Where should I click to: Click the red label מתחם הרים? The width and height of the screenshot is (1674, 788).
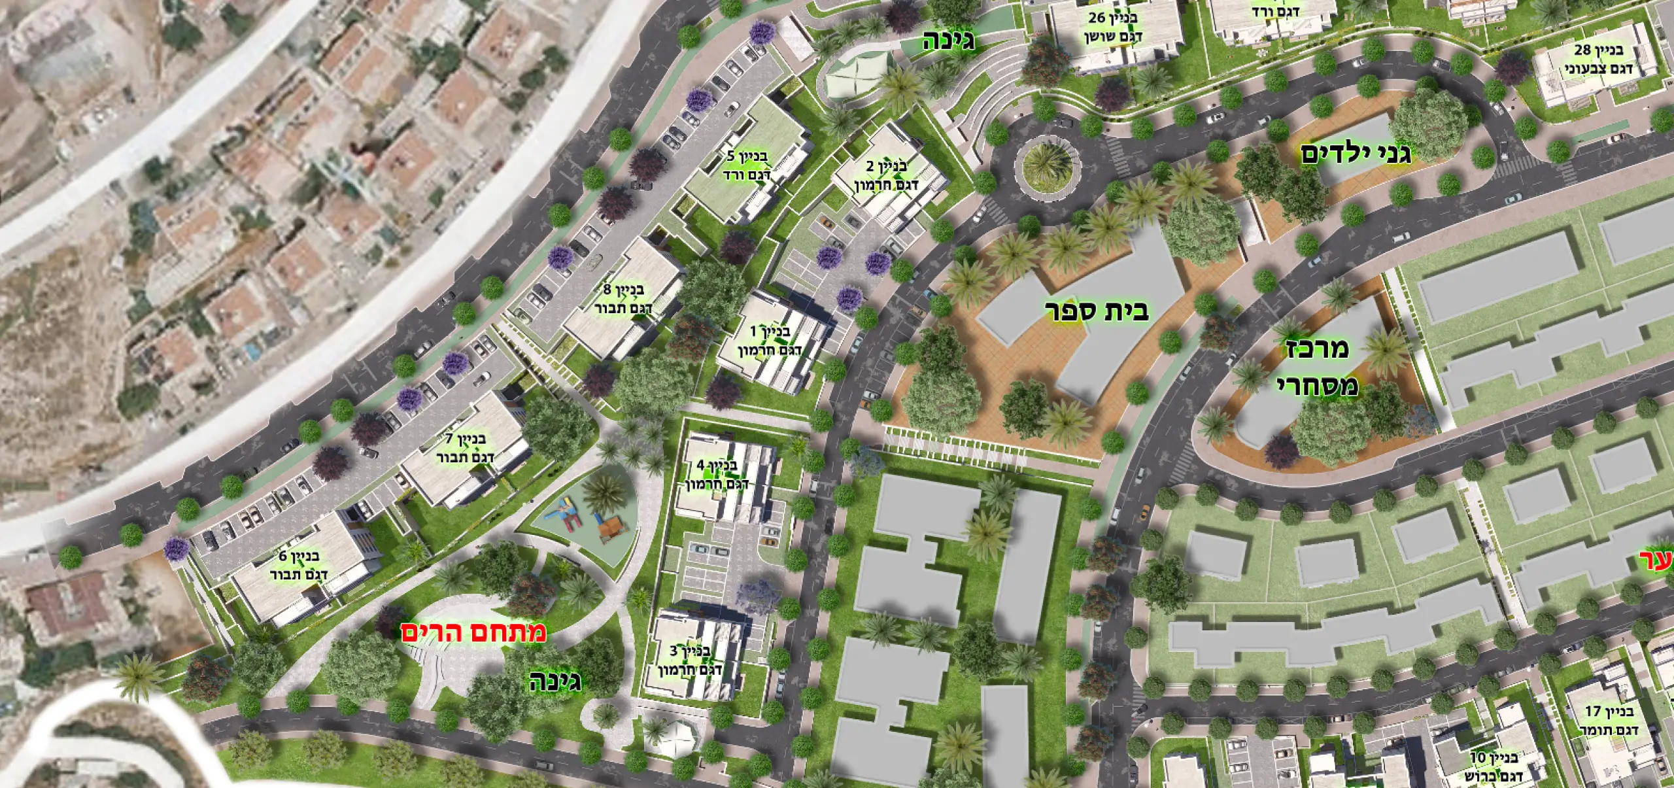(473, 632)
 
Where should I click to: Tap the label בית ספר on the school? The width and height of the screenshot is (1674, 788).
(1097, 311)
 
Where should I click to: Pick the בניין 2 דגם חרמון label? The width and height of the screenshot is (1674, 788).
(887, 176)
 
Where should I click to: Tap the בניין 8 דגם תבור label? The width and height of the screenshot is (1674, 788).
(623, 298)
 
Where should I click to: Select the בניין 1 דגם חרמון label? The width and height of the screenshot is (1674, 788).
(761, 341)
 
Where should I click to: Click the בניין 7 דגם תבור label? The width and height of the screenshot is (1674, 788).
(465, 447)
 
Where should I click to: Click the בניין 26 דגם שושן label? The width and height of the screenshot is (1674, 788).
(1114, 27)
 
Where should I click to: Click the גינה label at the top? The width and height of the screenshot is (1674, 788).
(948, 41)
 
